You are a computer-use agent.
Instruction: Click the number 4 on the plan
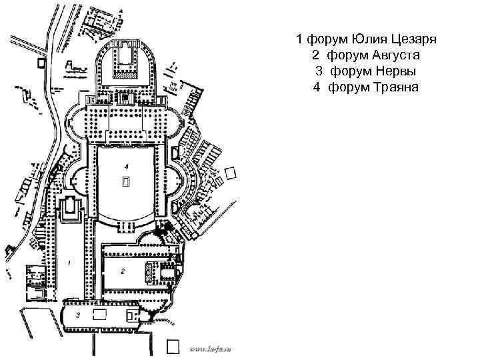(125, 165)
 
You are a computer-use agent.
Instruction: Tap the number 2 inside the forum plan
(123, 271)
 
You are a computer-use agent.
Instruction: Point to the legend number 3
(319, 70)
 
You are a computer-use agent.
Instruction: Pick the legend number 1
(300, 37)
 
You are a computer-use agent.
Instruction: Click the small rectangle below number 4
(126, 181)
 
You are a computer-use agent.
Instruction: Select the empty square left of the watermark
(173, 346)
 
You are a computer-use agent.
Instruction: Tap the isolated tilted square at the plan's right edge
(231, 174)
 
